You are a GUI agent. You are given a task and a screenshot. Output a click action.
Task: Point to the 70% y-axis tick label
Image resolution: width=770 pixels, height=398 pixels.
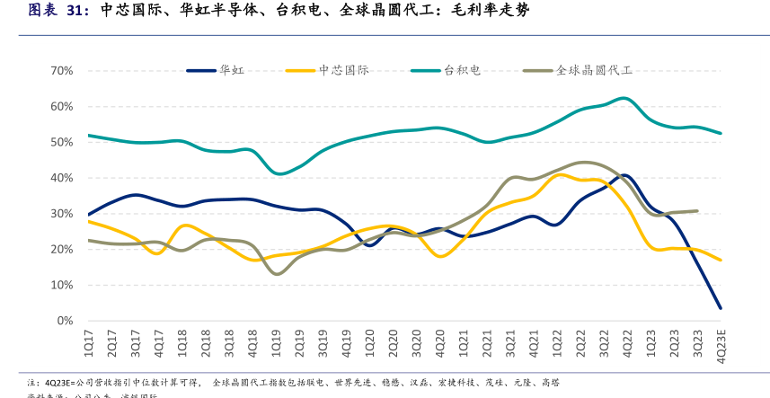pyautogui.click(x=61, y=71)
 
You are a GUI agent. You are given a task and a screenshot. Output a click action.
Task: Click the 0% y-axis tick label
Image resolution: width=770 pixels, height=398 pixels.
pyautogui.click(x=65, y=321)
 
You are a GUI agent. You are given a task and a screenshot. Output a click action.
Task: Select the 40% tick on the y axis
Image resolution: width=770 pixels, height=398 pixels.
pyautogui.click(x=61, y=178)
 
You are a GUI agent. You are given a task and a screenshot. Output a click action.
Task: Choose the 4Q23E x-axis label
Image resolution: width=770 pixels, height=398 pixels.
pyautogui.click(x=721, y=345)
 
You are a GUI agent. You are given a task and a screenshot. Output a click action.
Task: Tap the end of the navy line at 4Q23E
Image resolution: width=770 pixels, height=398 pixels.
pyautogui.click(x=720, y=308)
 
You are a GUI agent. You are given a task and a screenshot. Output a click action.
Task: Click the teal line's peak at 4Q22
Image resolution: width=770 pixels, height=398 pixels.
pyautogui.click(x=625, y=98)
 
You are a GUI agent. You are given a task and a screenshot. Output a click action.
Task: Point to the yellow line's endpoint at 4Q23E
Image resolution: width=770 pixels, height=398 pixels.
pyautogui.click(x=720, y=261)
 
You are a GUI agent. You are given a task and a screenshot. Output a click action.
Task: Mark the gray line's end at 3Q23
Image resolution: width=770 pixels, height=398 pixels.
pyautogui.click(x=697, y=211)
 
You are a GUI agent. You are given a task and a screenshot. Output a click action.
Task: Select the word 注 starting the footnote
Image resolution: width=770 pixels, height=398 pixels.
pyautogui.click(x=31, y=382)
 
